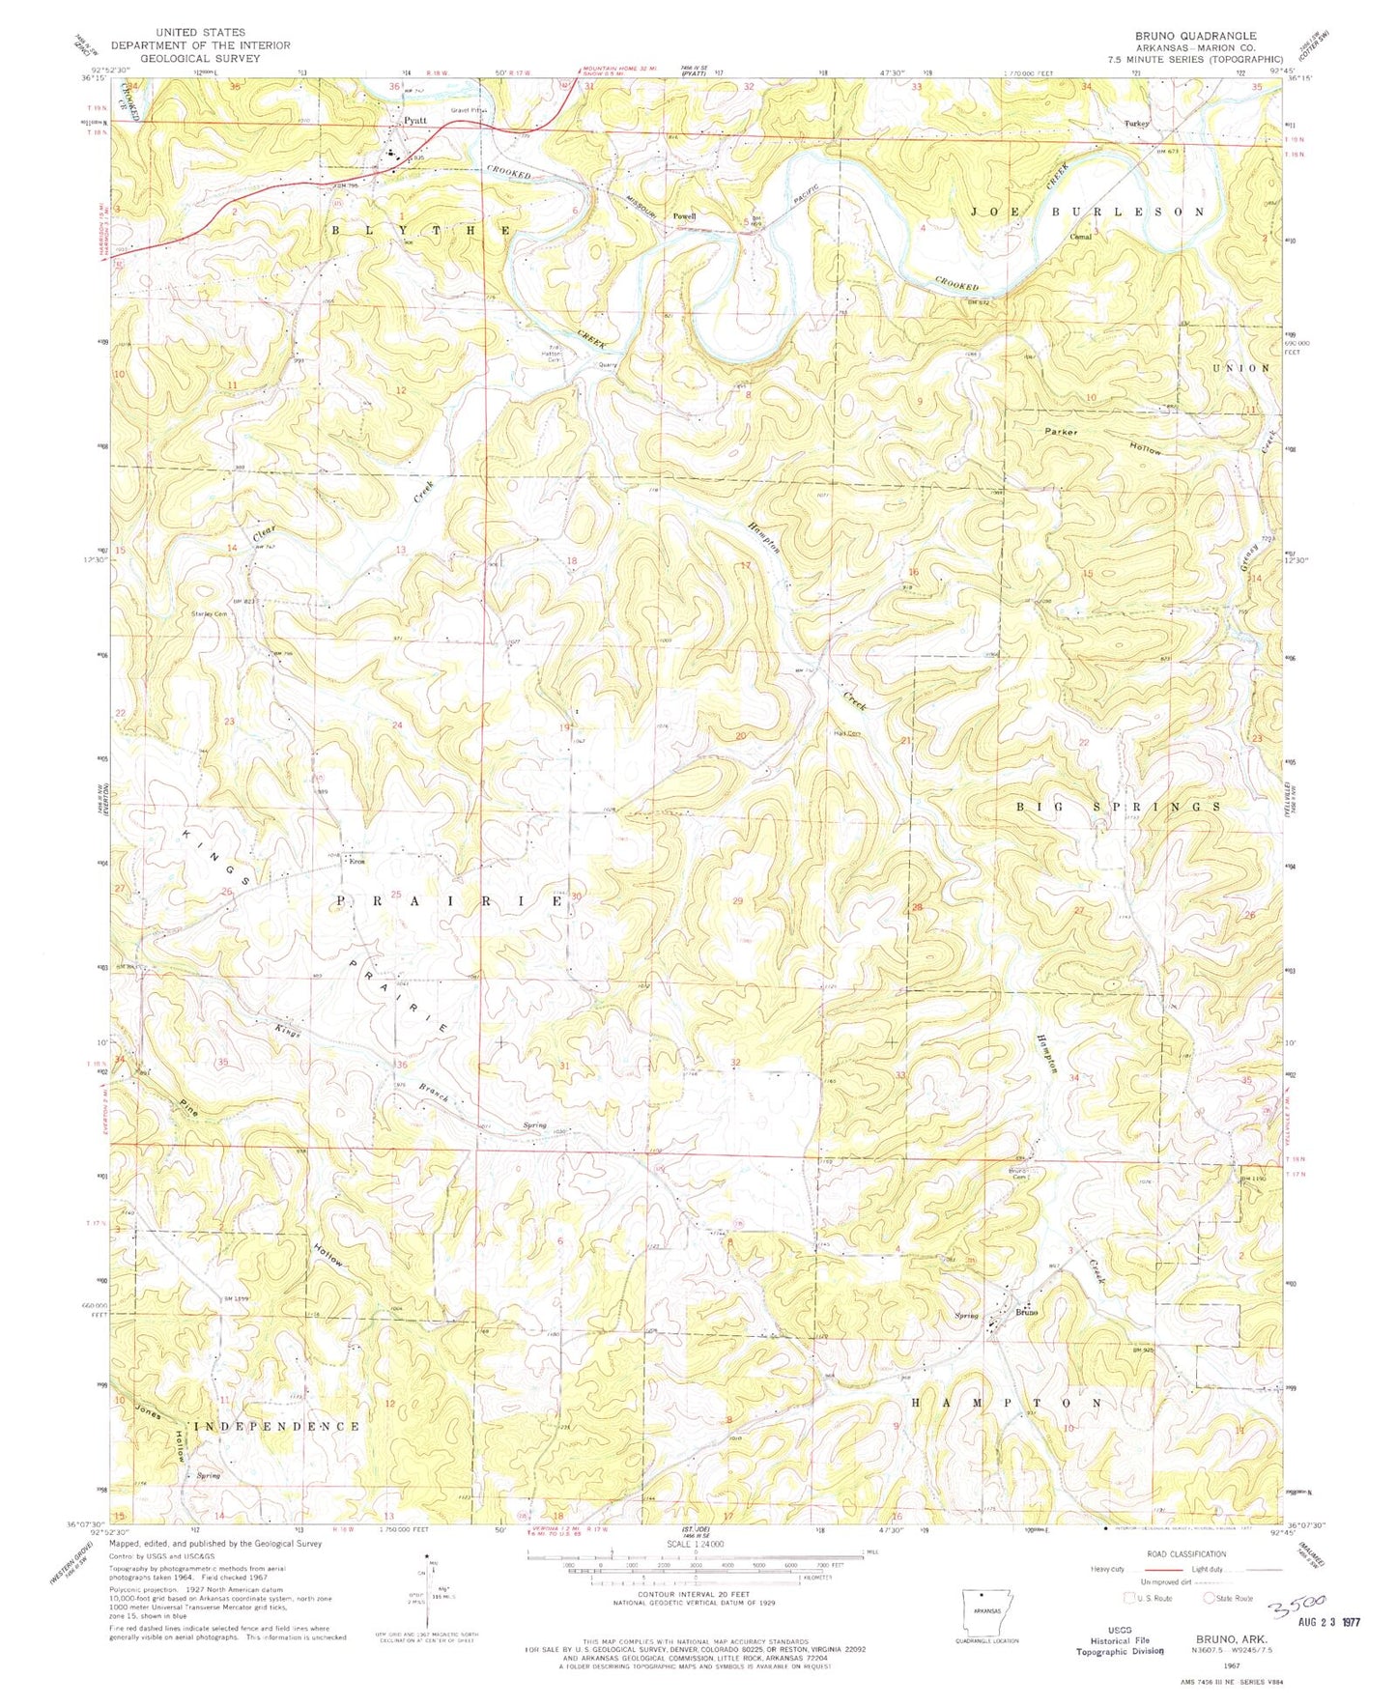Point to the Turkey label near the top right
[x=1137, y=124]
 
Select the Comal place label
[x=1080, y=236]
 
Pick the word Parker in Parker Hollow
[x=1063, y=432]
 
